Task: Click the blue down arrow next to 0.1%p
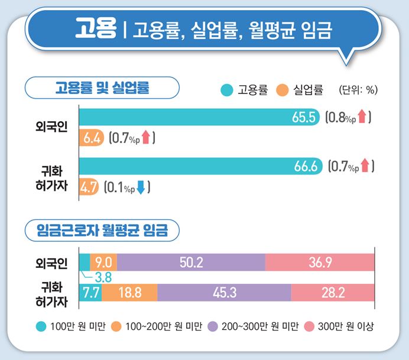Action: tap(141, 189)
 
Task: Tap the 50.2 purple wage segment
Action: tap(191, 262)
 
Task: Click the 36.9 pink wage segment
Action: tap(320, 262)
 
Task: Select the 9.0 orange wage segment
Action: tap(103, 262)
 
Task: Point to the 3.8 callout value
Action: tap(103, 276)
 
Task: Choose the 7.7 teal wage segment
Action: tap(89, 292)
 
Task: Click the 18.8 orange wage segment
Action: tap(129, 292)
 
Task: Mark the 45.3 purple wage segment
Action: tap(224, 292)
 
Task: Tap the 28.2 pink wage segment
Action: tap(332, 292)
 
